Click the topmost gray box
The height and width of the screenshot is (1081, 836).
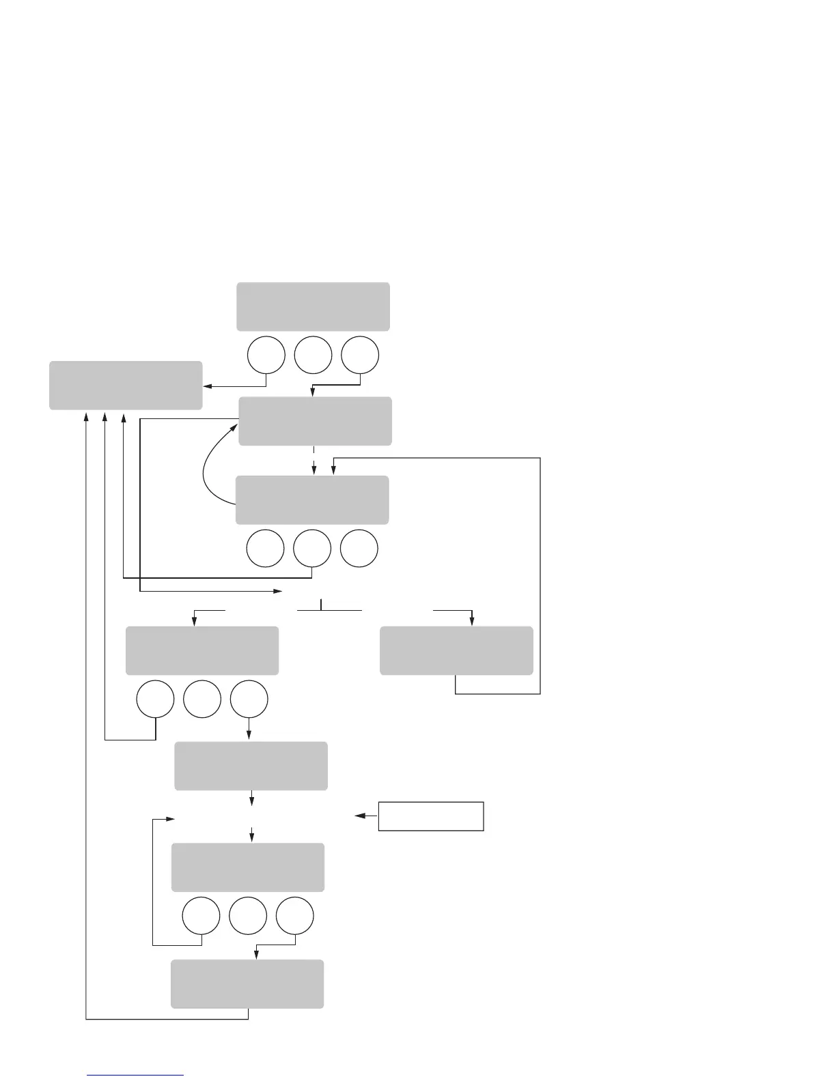click(x=313, y=306)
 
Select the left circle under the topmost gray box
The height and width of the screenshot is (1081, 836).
click(x=266, y=355)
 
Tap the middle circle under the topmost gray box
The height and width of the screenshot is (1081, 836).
click(x=313, y=355)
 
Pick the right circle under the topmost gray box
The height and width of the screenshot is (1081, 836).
click(x=360, y=355)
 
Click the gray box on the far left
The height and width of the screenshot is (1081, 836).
click(x=126, y=386)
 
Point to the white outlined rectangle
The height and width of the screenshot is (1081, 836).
click(x=431, y=816)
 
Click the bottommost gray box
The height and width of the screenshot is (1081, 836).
click(x=247, y=984)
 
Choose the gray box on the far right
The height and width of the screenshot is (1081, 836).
click(x=456, y=651)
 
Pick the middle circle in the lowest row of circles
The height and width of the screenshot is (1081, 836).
click(x=248, y=917)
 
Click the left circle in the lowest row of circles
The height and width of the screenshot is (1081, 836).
click(x=201, y=917)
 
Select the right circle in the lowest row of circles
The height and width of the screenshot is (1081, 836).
click(x=295, y=917)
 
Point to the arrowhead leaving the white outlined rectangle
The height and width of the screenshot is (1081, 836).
click(x=359, y=816)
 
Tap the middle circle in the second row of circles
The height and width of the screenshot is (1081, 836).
click(x=312, y=548)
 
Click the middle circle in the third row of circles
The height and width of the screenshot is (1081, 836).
click(x=202, y=700)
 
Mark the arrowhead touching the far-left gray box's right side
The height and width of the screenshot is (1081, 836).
click(x=207, y=386)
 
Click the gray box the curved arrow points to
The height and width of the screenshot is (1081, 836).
click(x=315, y=421)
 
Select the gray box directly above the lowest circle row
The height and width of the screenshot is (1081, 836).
click(x=247, y=867)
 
